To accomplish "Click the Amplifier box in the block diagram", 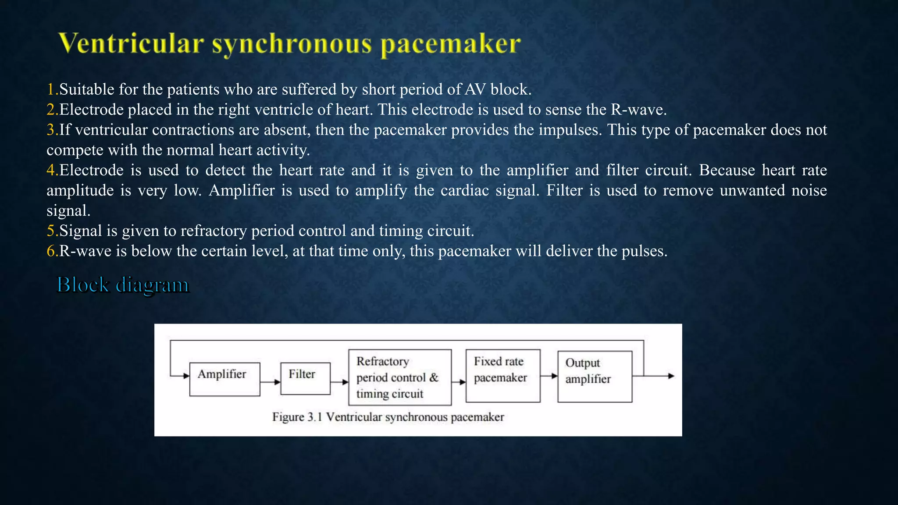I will pos(224,379).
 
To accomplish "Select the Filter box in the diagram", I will pos(305,378).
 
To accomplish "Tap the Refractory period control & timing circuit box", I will pos(399,377).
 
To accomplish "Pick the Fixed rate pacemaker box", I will pos(502,376).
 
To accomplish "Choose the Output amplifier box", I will pos(595,377).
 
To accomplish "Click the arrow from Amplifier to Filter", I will pos(270,382).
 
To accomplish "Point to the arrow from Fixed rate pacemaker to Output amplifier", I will pos(549,376).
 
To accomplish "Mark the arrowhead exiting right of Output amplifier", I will pos(670,376).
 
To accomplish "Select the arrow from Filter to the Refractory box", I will pos(339,382).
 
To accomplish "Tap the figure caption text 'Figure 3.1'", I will pos(297,417).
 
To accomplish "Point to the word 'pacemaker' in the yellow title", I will pos(450,44).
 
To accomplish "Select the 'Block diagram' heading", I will pos(123,285).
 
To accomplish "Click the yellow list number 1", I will pos(51,89).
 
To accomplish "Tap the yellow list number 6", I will pos(51,251).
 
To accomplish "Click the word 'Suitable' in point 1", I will pos(87,89).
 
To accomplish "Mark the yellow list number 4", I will pos(51,170).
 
